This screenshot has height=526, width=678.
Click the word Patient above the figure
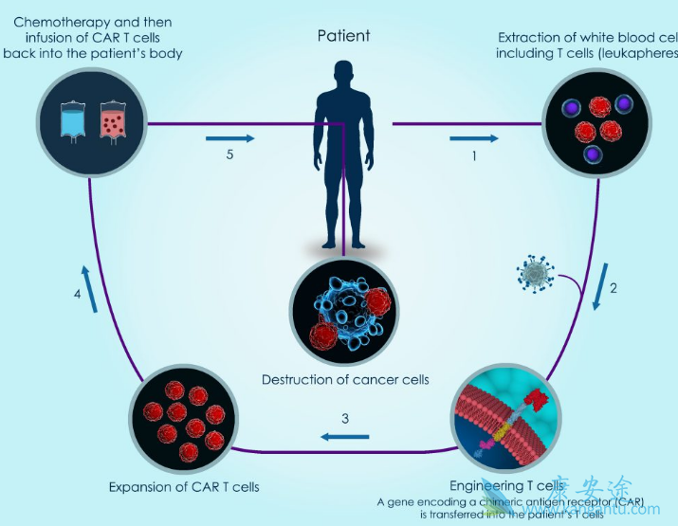343,36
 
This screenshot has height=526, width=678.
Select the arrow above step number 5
230,138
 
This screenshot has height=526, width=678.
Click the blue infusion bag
71,122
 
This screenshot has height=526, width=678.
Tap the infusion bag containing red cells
112,122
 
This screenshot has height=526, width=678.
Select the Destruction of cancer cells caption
345,380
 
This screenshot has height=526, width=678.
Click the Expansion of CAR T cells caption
184,487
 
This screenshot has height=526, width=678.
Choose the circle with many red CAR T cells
183,422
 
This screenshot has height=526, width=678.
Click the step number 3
345,418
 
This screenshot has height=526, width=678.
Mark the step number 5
229,156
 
